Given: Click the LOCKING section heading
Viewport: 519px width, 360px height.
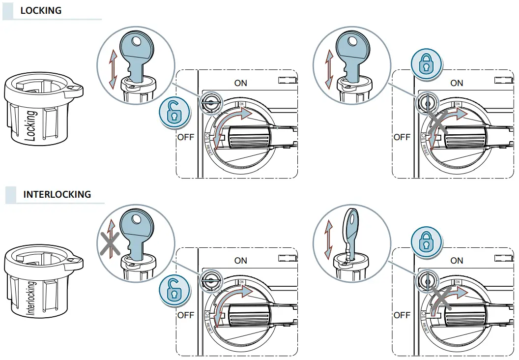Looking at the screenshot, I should (x=41, y=10).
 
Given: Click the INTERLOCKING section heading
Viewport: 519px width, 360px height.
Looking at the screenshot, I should (x=57, y=194).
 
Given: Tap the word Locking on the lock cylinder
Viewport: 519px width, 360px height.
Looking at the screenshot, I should (x=30, y=125).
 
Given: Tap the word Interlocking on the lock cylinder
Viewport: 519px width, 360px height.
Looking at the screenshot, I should (x=31, y=298).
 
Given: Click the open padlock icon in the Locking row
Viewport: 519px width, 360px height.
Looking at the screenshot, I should (x=172, y=113).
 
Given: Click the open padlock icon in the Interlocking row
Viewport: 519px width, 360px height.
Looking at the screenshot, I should (x=172, y=290).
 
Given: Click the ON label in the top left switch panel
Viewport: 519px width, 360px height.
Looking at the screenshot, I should (x=241, y=83).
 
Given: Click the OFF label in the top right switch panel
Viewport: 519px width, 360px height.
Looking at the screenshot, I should (x=402, y=137).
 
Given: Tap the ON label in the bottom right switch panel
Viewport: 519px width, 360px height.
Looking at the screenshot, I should (x=457, y=261).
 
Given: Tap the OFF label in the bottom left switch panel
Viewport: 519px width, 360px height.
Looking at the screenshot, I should (x=185, y=315).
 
